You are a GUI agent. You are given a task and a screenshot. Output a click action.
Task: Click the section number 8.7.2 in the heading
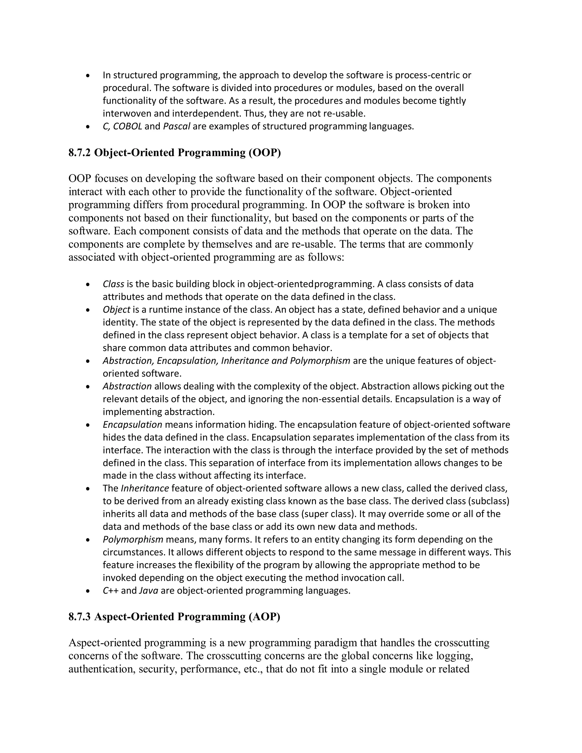(x=79, y=153)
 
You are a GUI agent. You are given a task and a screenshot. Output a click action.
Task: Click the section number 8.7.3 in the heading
(x=79, y=617)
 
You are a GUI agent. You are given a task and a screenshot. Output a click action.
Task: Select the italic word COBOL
(x=127, y=126)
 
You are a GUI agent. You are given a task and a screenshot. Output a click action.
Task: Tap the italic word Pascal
(x=176, y=126)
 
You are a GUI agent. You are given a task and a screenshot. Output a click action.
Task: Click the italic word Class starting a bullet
(x=113, y=284)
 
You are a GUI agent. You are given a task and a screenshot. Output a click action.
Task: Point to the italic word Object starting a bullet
(x=117, y=310)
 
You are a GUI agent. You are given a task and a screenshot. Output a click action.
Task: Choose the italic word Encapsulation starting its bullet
(x=132, y=425)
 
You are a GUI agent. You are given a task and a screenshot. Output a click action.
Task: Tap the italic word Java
(x=148, y=591)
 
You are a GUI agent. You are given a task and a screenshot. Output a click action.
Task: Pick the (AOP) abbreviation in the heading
(x=264, y=617)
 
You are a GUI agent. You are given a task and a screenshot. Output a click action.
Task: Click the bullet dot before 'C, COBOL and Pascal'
(x=88, y=127)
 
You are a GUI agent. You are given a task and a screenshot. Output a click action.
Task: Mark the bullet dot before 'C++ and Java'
(x=88, y=591)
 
